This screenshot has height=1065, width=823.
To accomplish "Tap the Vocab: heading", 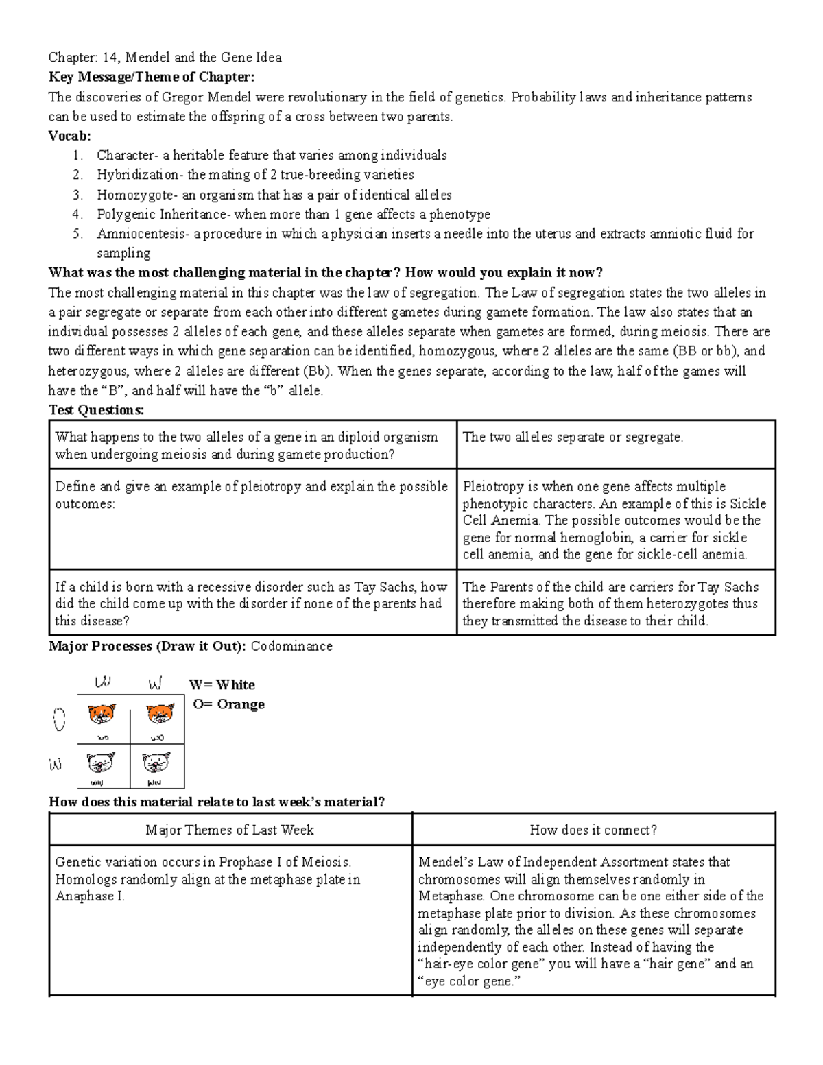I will pyautogui.click(x=69, y=136).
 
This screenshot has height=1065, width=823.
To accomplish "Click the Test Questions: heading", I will pyautogui.click(x=96, y=410).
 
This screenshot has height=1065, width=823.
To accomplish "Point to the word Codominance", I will pyautogui.click(x=291, y=646).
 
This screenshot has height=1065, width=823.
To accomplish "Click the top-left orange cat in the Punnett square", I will pyautogui.click(x=102, y=715).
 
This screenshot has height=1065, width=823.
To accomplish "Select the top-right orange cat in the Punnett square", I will pyautogui.click(x=160, y=715).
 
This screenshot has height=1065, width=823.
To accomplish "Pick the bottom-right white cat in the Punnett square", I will pyautogui.click(x=156, y=762).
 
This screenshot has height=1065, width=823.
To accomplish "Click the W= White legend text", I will pyautogui.click(x=222, y=685).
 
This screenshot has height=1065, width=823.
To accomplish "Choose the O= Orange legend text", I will pyautogui.click(x=228, y=704).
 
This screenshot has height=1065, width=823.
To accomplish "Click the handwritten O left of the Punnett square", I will pyautogui.click(x=59, y=719).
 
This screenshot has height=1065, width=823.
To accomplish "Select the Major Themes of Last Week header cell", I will pyautogui.click(x=230, y=830).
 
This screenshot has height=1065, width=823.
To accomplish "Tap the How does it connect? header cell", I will pyautogui.click(x=593, y=830).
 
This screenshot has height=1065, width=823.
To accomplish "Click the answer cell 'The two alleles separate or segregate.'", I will pyautogui.click(x=573, y=438).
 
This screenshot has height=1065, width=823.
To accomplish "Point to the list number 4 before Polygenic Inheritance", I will pyautogui.click(x=77, y=215).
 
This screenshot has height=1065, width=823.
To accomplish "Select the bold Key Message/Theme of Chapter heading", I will pyautogui.click(x=151, y=77).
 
